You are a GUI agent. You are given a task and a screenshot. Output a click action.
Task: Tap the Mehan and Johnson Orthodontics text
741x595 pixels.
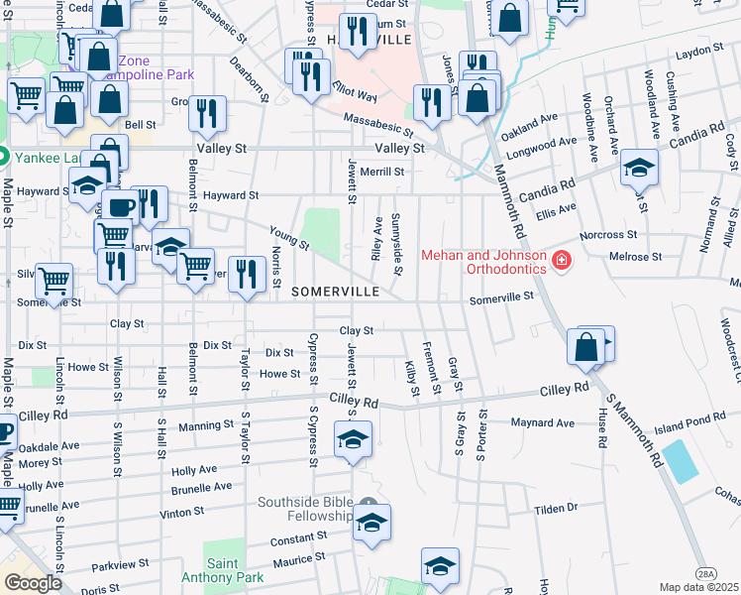[483, 262]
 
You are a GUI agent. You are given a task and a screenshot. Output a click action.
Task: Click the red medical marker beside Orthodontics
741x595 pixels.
[561, 260]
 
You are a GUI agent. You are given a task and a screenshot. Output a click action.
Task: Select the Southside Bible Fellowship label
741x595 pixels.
[305, 509]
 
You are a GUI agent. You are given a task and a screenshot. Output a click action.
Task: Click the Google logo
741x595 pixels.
[33, 583]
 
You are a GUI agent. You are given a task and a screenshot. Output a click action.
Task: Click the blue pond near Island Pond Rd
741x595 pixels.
[679, 461]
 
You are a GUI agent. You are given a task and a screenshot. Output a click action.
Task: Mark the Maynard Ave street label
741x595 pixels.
[543, 423]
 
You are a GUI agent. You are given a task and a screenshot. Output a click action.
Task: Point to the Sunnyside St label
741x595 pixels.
[396, 244]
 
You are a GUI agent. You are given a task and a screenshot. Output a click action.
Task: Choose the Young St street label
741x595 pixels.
[283, 235]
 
